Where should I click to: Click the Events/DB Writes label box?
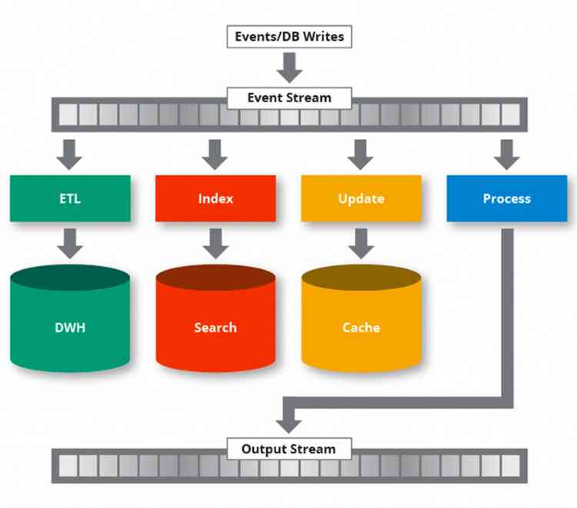click(x=288, y=36)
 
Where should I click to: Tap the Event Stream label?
click(x=288, y=98)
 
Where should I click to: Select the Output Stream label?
click(x=288, y=449)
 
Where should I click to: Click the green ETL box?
click(x=70, y=198)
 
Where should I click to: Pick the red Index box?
click(x=215, y=198)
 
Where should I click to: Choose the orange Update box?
click(x=361, y=198)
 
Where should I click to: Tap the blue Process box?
click(x=506, y=198)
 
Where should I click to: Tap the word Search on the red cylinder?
click(x=215, y=327)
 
